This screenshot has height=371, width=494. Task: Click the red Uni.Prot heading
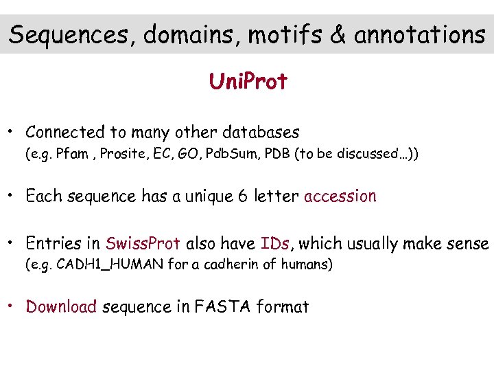[248, 82]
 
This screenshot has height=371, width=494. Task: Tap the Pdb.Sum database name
[231, 154]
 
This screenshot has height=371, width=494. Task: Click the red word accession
[340, 196]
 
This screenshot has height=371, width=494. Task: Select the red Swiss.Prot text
[143, 243]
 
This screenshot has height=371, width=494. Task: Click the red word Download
[61, 307]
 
